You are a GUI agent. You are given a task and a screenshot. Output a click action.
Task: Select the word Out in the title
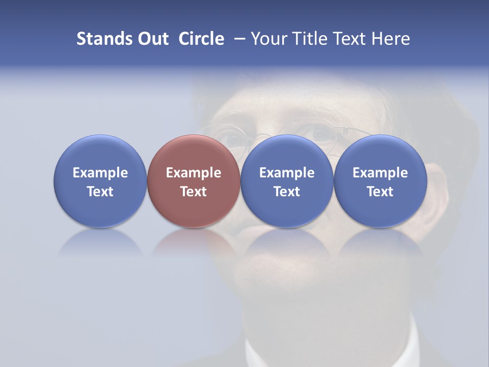point(151,39)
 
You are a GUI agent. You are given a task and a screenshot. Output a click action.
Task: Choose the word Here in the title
point(391,39)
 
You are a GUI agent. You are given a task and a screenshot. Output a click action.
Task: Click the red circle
point(194,181)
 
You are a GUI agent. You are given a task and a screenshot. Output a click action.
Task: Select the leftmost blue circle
point(100,181)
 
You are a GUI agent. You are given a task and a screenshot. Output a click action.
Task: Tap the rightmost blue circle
point(380,181)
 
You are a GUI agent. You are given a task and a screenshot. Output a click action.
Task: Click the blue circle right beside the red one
point(287,181)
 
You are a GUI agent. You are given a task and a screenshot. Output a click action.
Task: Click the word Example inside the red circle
point(194,173)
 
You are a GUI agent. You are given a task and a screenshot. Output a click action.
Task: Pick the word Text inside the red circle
point(194,192)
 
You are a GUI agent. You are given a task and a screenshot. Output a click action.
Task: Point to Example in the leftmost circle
point(100,173)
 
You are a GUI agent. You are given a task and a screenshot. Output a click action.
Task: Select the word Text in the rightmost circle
point(380,192)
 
